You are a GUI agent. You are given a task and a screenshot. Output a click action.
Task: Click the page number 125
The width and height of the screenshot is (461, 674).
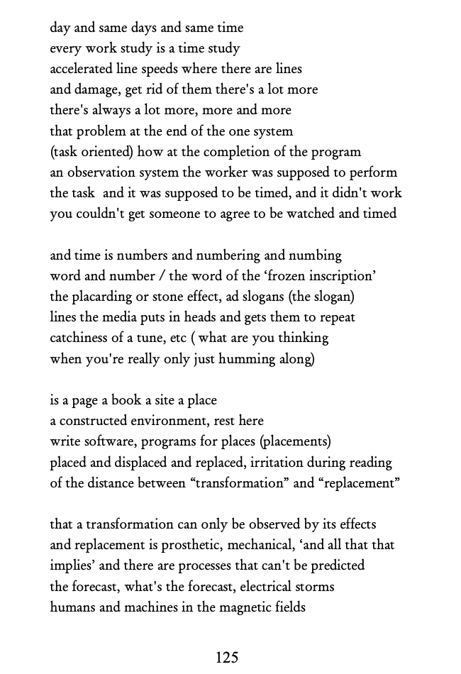227,658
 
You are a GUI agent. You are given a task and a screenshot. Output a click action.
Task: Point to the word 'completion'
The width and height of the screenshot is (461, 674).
250,152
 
